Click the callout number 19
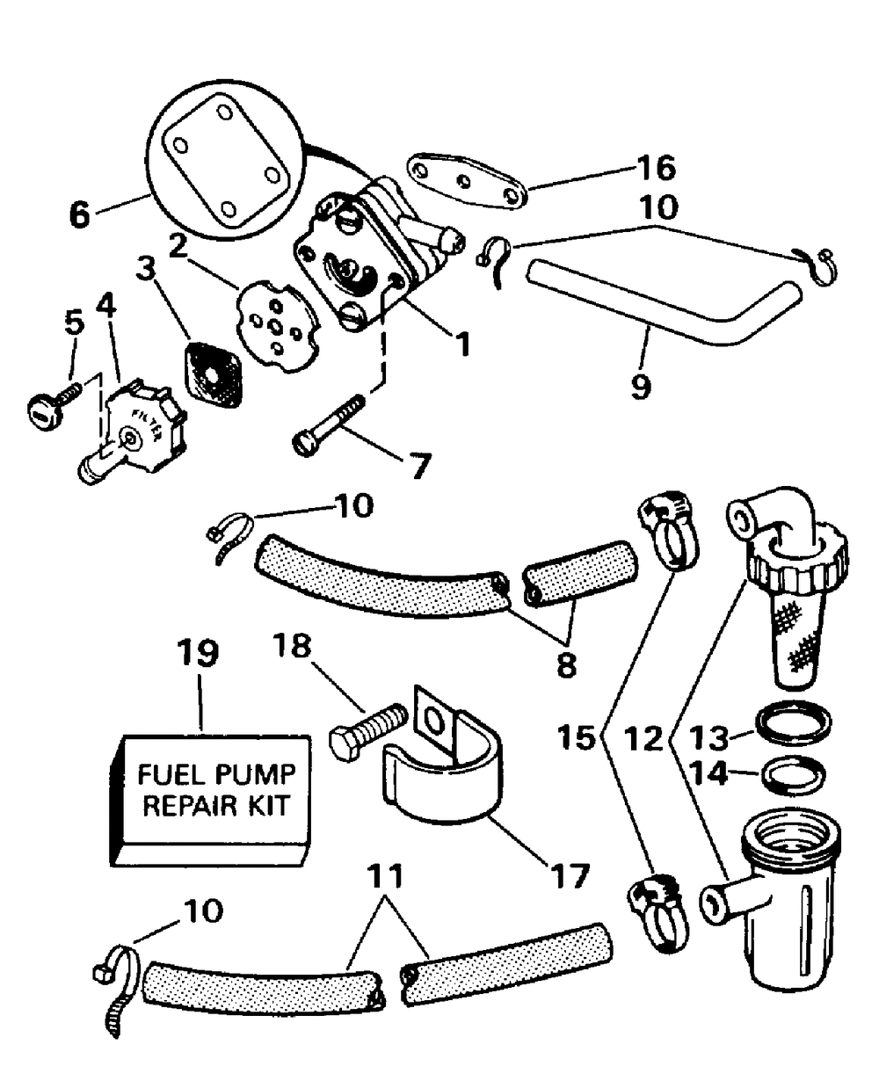click(198, 653)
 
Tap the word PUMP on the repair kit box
click(256, 775)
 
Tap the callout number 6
click(80, 214)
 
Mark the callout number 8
click(567, 664)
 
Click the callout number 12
click(644, 738)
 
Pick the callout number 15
click(577, 738)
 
